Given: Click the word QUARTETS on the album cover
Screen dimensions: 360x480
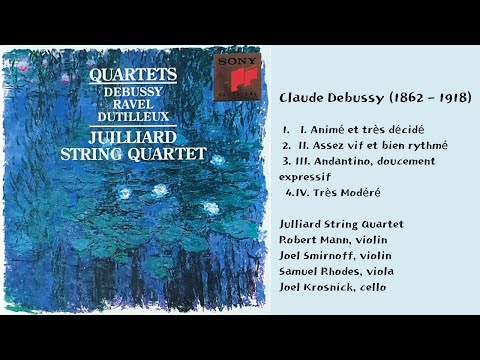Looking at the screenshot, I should click(133, 74).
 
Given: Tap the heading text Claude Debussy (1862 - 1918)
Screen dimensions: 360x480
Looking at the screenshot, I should click(375, 97).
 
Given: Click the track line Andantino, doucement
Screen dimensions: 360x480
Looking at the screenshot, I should click(366, 160).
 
